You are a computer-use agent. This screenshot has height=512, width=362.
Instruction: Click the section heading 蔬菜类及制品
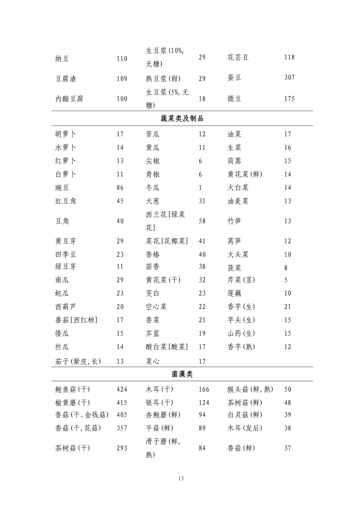click(x=182, y=118)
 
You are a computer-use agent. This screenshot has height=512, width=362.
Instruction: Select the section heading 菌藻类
click(x=182, y=374)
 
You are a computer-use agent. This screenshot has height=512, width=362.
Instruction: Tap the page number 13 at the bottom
click(x=181, y=479)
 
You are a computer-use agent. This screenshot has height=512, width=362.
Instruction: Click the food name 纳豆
click(x=62, y=59)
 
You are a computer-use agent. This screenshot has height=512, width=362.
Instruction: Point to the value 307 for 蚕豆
click(x=289, y=77)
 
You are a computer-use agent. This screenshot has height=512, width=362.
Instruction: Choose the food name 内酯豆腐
click(x=69, y=99)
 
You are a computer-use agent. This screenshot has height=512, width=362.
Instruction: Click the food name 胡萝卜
click(x=66, y=134)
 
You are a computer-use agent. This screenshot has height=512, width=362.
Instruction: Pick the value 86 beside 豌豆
click(x=120, y=188)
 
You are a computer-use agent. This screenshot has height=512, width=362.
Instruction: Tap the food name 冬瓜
click(x=153, y=188)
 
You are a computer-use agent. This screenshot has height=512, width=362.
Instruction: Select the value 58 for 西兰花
click(x=202, y=221)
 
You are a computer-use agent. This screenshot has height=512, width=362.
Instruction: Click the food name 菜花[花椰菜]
click(x=167, y=241)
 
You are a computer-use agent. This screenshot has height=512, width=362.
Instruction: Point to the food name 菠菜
click(x=234, y=268)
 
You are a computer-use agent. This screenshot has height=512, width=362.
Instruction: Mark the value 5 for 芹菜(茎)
click(x=286, y=280)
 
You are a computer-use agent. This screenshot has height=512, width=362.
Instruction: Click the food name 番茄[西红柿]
click(x=76, y=320)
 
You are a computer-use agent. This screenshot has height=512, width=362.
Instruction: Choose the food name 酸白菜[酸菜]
click(x=167, y=347)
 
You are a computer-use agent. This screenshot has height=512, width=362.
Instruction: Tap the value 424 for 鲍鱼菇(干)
click(x=122, y=389)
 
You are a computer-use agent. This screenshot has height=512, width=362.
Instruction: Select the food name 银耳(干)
click(x=159, y=403)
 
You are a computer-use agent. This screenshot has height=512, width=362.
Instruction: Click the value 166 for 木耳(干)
click(x=204, y=389)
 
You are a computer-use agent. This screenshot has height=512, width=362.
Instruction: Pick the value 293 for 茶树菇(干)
click(x=122, y=448)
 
